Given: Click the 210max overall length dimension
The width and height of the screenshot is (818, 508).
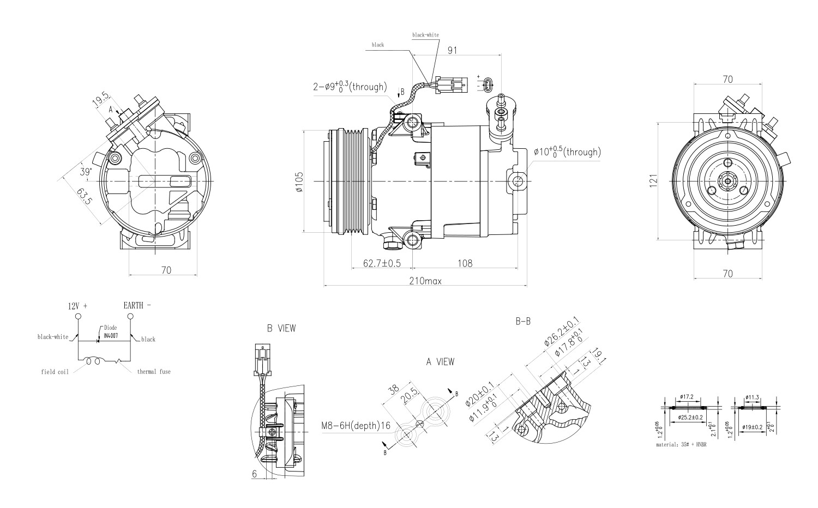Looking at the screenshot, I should click(425, 281).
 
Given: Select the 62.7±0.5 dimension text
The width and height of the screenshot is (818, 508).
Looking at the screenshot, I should click(382, 263).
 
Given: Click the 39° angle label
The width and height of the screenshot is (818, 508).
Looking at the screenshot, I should click(85, 172).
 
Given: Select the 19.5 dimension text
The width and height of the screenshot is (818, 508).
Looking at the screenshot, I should click(99, 100).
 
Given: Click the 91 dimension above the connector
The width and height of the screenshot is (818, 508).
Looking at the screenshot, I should click(453, 50).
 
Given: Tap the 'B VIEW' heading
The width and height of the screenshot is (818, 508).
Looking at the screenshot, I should click(281, 328).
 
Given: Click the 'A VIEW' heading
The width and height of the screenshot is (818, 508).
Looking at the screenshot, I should click(440, 361).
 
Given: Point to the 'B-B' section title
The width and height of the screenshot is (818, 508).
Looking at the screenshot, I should click(523, 322).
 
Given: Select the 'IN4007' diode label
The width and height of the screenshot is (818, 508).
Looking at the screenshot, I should click(111, 335).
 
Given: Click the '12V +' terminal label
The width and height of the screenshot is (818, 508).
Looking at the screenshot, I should click(77, 306).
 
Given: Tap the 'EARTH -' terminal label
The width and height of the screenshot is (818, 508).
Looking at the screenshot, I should click(137, 305).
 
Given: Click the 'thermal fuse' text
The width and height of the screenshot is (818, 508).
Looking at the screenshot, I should click(153, 372).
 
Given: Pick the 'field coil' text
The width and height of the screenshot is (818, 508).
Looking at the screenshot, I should click(55, 372).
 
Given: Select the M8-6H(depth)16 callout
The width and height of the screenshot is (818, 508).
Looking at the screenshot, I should click(356, 426).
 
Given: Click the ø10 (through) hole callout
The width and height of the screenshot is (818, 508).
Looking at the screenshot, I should click(567, 152).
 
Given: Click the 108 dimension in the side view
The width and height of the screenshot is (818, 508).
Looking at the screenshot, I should click(465, 263).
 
